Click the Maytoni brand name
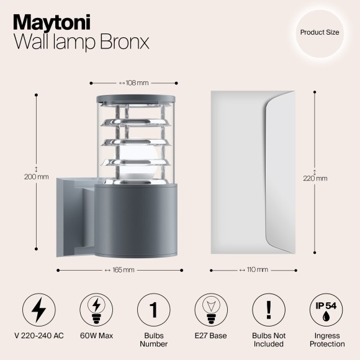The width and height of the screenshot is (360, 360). click(51, 22)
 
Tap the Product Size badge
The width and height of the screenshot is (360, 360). click(320, 32)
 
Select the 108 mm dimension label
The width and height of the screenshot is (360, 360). click(133, 83)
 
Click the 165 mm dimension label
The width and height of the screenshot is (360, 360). click(120, 270)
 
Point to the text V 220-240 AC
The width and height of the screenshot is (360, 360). click(38, 336)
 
